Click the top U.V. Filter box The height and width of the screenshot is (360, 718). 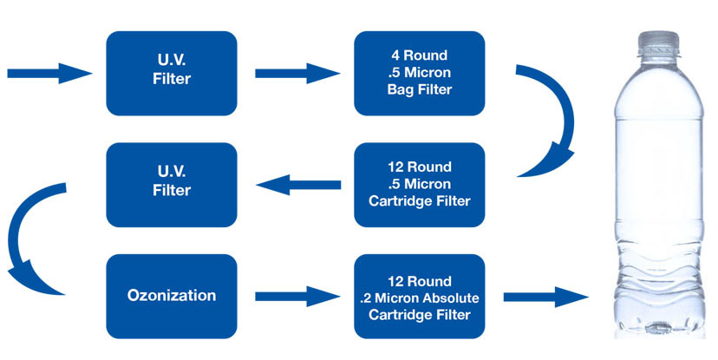171,73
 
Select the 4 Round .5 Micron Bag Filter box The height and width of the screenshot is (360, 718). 419,73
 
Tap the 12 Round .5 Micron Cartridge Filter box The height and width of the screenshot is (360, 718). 419,185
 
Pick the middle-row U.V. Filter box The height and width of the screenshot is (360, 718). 171,185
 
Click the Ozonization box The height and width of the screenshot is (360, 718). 171,296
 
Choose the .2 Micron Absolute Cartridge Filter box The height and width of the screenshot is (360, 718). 419,296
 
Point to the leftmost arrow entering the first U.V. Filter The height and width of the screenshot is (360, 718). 49,73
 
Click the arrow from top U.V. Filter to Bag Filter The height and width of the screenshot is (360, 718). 296,73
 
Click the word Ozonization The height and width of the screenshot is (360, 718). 171,296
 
